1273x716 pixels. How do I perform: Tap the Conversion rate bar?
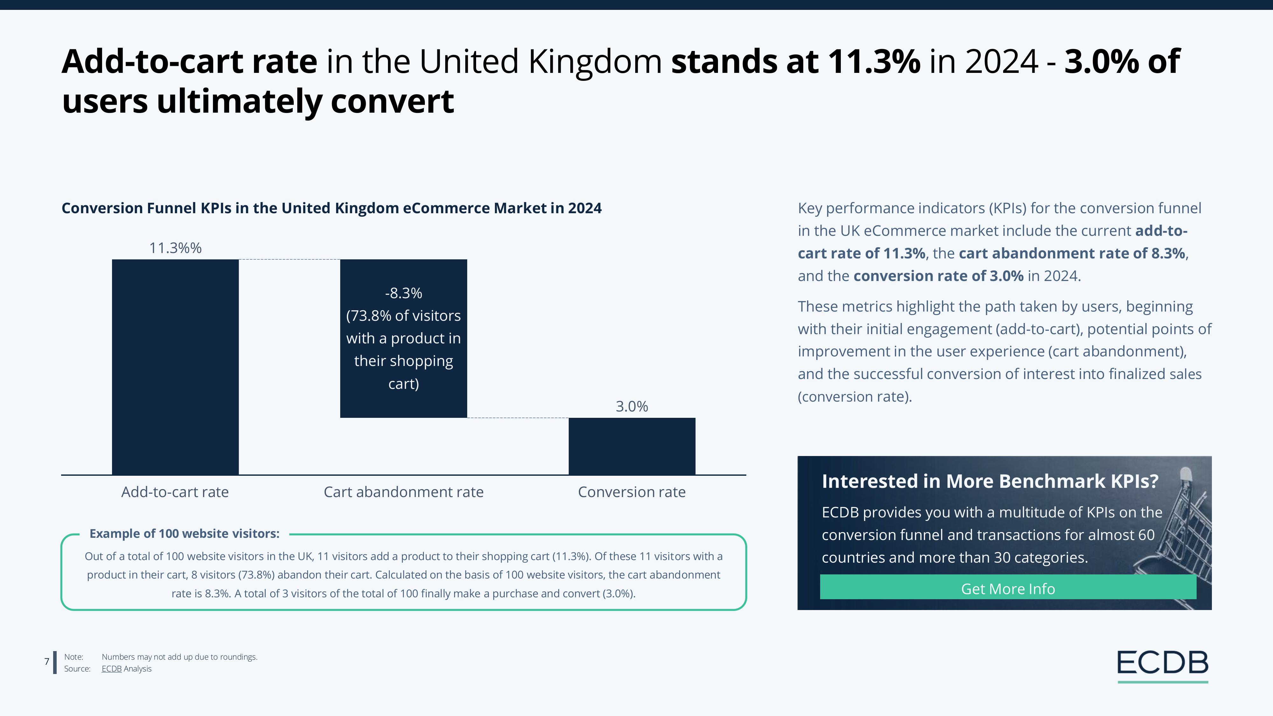(x=631, y=446)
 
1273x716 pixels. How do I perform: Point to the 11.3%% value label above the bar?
(x=175, y=248)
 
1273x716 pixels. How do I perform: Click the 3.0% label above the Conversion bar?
(x=631, y=407)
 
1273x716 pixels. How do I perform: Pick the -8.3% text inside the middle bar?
(x=403, y=293)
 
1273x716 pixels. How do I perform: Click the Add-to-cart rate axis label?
(x=175, y=492)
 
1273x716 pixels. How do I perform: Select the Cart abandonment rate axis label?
(x=403, y=492)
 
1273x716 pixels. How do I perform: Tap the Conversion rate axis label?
(x=631, y=492)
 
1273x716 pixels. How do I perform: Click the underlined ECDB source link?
(x=111, y=669)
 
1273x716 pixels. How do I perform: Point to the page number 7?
(x=47, y=662)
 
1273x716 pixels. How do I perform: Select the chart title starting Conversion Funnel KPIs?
(x=331, y=208)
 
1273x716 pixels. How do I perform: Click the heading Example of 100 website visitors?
(x=184, y=534)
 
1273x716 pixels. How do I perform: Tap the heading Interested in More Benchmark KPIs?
(x=990, y=481)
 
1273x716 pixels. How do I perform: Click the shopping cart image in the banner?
(x=1186, y=534)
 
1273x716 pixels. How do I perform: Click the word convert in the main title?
(x=392, y=101)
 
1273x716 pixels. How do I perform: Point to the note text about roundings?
(x=179, y=657)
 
